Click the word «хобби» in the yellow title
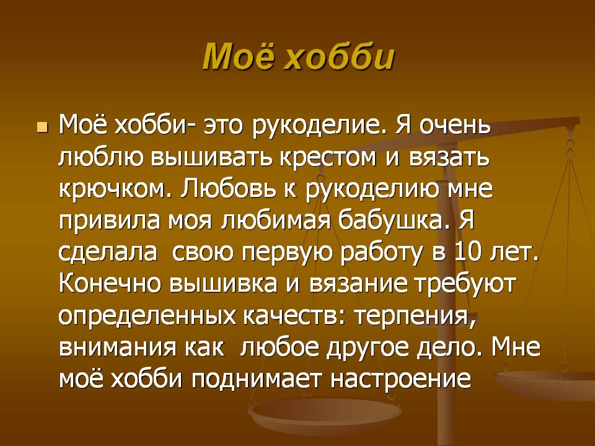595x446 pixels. (340, 57)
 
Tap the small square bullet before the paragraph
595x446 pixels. (43, 128)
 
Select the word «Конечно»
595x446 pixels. (110, 283)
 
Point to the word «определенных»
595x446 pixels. (148, 315)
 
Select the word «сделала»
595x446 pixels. (108, 252)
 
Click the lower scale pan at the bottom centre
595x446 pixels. (324, 415)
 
